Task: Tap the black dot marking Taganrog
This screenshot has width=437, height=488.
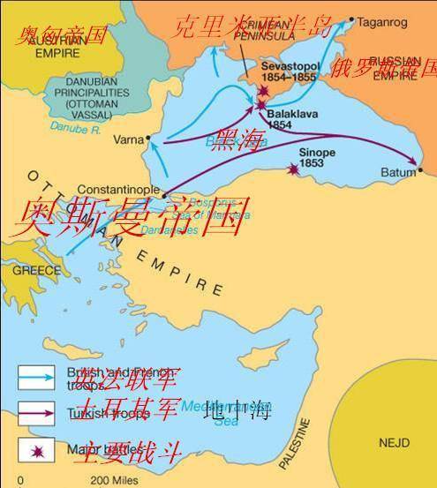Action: (x=351, y=19)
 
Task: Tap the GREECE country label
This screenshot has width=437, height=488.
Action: (x=30, y=271)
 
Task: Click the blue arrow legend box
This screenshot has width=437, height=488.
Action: (x=34, y=375)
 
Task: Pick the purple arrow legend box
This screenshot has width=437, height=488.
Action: (x=34, y=409)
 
